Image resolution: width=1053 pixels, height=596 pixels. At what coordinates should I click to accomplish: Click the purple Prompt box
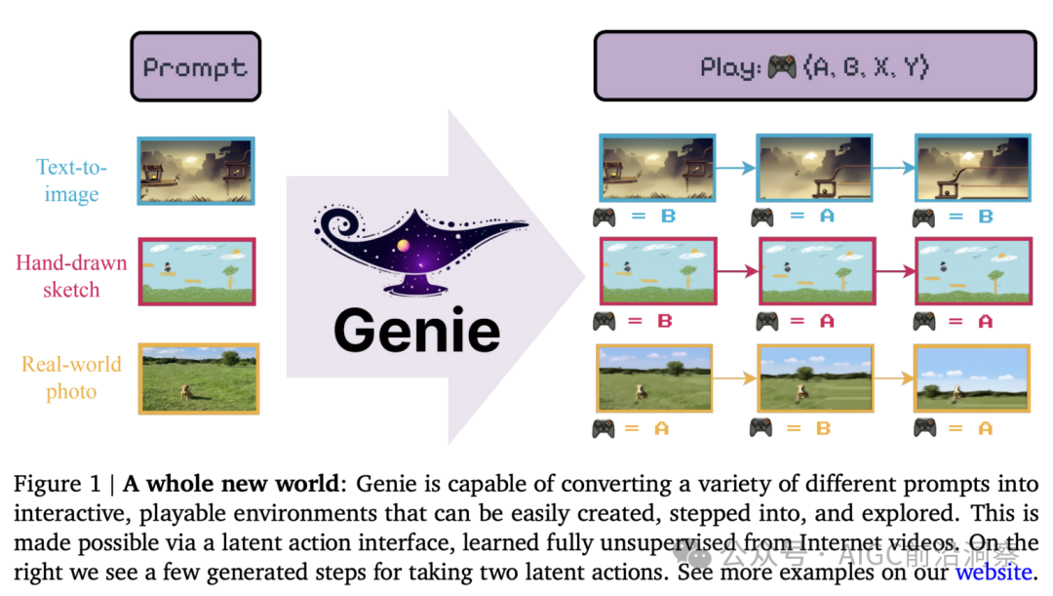point(195,66)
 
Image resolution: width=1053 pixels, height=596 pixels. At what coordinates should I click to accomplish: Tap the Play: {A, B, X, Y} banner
point(814,66)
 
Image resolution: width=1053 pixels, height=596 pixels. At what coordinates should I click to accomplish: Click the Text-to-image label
point(72,180)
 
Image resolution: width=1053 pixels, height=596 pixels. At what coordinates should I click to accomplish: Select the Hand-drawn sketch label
point(71,276)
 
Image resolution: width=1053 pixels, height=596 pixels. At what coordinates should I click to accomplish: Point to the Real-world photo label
point(72,377)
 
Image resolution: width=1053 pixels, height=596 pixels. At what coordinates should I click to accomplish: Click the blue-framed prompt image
point(196,171)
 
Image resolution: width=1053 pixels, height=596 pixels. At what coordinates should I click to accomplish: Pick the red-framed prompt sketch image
point(196,271)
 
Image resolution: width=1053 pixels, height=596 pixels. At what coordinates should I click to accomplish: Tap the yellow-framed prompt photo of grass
point(198,378)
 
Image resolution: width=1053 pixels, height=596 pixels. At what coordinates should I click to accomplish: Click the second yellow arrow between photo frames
point(891,377)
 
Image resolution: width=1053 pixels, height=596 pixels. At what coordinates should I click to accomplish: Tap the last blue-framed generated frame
point(969,168)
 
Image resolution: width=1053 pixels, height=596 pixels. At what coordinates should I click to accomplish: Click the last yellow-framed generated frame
point(970,377)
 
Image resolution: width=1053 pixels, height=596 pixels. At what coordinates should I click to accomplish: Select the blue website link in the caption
point(992,573)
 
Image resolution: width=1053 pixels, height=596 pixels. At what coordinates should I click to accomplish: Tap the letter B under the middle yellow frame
point(822,428)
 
